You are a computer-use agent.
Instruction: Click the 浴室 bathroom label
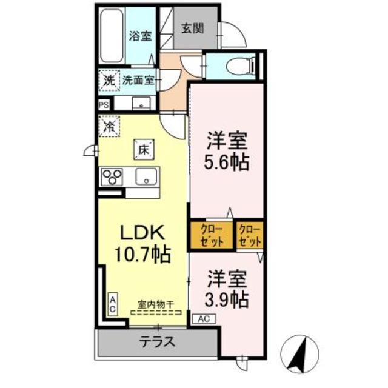point(140,36)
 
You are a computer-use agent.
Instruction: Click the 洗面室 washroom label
point(138,79)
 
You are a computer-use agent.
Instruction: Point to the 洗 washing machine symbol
point(108,79)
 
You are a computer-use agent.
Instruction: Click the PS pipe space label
point(104,104)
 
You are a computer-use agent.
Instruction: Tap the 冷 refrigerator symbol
point(109,127)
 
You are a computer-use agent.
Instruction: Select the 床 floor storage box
point(144,149)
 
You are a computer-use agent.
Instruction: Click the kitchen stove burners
point(112,177)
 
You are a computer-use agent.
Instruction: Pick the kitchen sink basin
point(146,177)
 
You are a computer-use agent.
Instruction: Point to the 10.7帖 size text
point(142,253)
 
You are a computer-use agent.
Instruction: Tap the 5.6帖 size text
point(228,162)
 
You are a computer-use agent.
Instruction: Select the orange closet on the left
point(211,235)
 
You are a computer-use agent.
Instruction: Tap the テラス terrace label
point(158,342)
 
